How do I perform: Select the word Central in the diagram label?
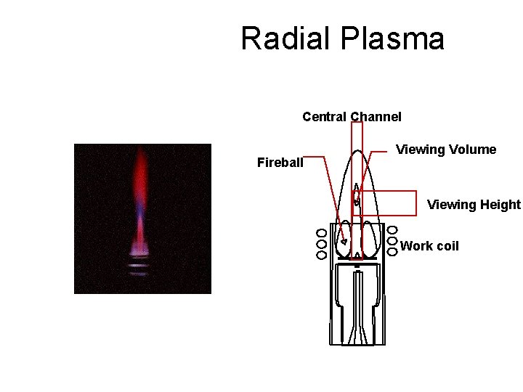click(324, 117)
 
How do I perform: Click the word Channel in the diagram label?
click(376, 117)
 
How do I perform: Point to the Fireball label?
click(280, 163)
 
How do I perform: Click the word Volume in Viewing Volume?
click(472, 150)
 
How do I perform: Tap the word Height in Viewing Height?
click(501, 205)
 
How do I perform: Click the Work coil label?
click(429, 245)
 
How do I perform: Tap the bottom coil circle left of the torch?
click(321, 254)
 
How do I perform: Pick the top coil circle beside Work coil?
click(392, 230)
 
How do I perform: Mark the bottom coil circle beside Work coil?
click(392, 251)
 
